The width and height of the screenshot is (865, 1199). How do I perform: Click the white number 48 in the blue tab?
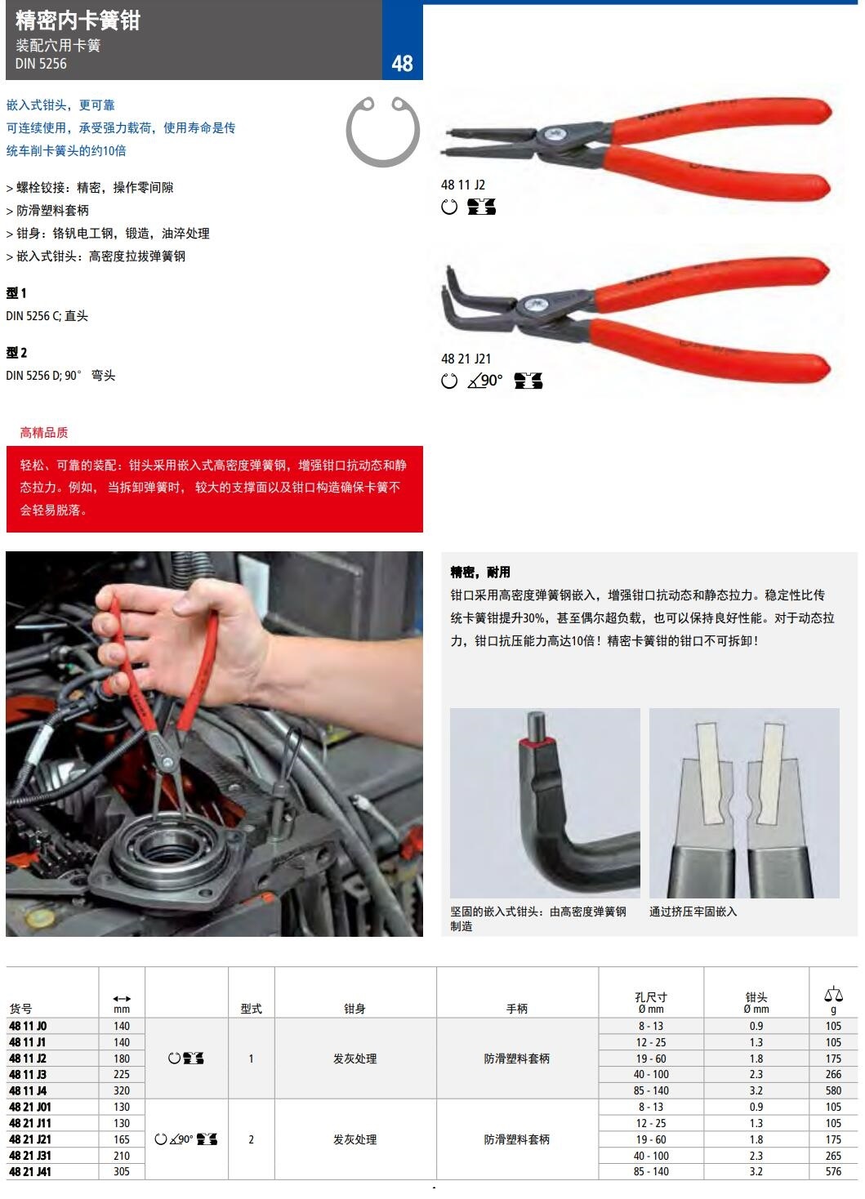(x=402, y=64)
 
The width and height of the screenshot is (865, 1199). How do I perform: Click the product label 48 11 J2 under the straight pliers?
(x=462, y=185)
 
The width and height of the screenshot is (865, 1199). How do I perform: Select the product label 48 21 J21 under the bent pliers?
(x=466, y=359)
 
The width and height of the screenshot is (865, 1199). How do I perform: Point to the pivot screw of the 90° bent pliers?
(x=535, y=305)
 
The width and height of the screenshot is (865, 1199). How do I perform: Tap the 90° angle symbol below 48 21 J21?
(x=485, y=381)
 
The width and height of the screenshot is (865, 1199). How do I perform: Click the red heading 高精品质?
(x=44, y=433)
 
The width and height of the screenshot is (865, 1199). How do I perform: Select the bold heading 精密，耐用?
(x=480, y=573)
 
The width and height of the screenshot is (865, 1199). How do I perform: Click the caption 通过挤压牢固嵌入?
(x=693, y=912)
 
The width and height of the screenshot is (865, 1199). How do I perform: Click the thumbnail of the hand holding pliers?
(x=214, y=744)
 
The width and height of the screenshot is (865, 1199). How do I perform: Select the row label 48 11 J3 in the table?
(x=28, y=1074)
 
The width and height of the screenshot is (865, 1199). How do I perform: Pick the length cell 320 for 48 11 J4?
(x=122, y=1090)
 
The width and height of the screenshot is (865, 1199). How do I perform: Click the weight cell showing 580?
(x=833, y=1090)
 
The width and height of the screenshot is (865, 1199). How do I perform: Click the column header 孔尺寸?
(x=651, y=996)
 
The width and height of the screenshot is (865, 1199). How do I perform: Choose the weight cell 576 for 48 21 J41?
(x=833, y=1171)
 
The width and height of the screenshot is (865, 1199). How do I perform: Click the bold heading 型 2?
(x=16, y=353)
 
